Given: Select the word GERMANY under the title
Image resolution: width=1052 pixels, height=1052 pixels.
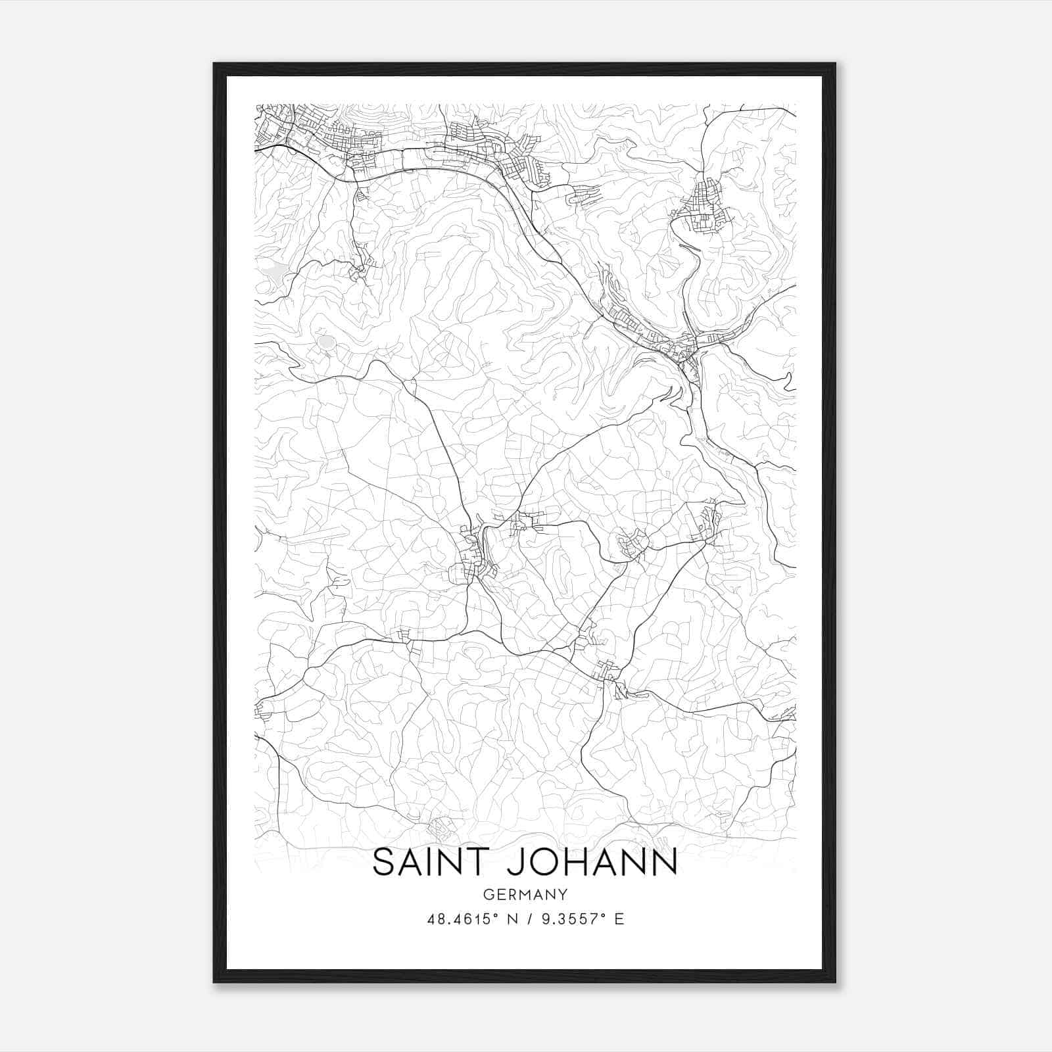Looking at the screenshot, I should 525,894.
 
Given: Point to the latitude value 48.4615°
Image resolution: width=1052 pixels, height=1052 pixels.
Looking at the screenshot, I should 458,919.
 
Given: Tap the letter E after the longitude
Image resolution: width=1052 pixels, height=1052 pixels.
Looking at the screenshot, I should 619,919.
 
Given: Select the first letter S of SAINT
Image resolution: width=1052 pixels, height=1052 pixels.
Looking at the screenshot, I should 384,863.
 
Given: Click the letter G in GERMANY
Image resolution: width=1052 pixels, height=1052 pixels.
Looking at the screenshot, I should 488,894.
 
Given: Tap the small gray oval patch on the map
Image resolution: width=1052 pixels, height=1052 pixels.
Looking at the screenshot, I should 326,342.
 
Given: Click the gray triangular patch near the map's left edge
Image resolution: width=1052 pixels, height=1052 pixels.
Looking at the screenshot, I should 273,270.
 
